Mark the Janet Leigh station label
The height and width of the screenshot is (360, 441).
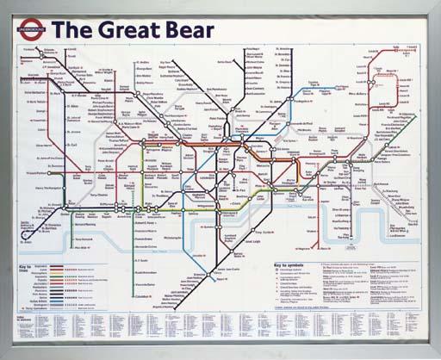(x=252, y=241)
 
